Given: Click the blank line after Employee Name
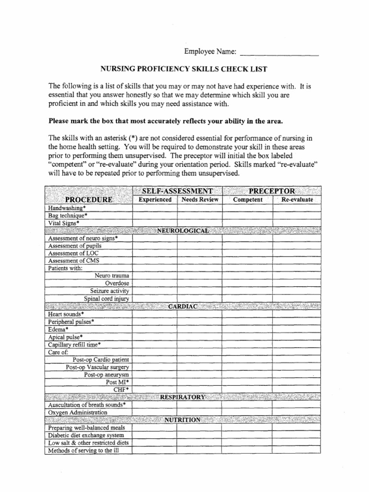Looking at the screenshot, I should pyautogui.click(x=279, y=52).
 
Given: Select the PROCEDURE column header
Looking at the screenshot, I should pyautogui.click(x=89, y=199).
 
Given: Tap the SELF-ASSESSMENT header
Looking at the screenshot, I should pyautogui.click(x=177, y=191).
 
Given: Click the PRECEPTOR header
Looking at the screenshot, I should pyautogui.click(x=272, y=191).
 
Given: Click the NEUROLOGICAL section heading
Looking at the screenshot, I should pyautogui.click(x=183, y=231).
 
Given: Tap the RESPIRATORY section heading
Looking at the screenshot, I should pyautogui.click(x=183, y=396).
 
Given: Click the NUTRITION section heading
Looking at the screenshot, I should pyautogui.click(x=183, y=419).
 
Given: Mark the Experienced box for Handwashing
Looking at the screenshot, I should pyautogui.click(x=155, y=209).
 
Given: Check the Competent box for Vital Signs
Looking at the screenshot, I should pyautogui.click(x=247, y=223).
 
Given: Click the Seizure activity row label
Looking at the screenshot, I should pyautogui.click(x=110, y=291).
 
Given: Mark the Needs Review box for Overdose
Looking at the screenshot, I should pyautogui.click(x=199, y=283).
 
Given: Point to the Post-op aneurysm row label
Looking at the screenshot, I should pyautogui.click(x=107, y=374).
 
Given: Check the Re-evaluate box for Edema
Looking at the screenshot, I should pyautogui.click(x=296, y=329).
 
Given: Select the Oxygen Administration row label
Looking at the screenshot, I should pyautogui.click(x=77, y=412).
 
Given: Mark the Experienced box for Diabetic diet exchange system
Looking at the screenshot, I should pyautogui.click(x=155, y=435).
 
